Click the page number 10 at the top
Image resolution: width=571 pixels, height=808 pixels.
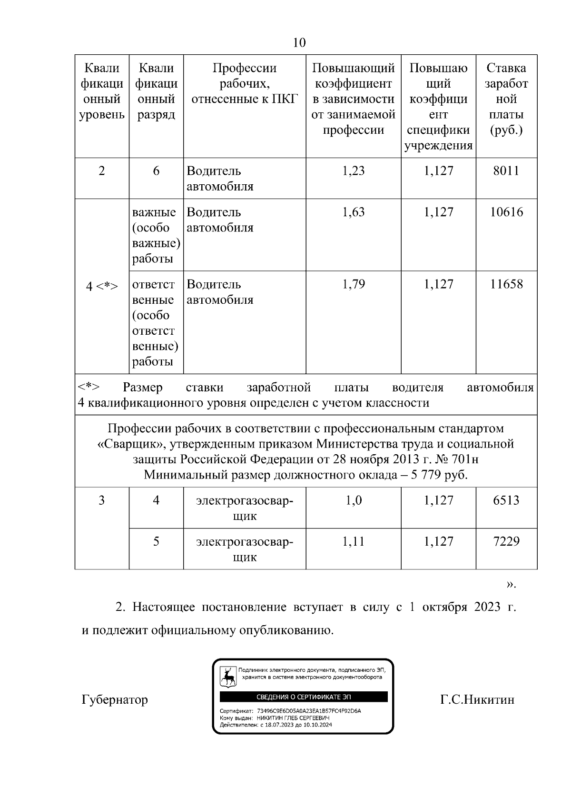click(x=299, y=43)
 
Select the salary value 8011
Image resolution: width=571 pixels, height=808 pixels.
click(x=506, y=171)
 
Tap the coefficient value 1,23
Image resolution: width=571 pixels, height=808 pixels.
click(x=354, y=171)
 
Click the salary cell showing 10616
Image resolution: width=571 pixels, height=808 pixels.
click(x=506, y=212)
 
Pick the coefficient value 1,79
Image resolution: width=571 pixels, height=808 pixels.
click(x=354, y=284)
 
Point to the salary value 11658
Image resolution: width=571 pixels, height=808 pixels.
click(x=506, y=284)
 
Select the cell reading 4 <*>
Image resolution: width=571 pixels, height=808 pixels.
click(x=102, y=286)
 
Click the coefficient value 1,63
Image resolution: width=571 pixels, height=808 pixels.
click(x=354, y=212)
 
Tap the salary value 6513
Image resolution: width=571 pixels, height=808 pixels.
click(x=506, y=500)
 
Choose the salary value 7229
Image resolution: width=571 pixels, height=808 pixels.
click(x=506, y=541)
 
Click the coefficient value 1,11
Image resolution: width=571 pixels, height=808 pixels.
click(x=354, y=541)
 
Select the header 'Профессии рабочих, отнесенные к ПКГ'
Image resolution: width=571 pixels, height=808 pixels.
click(x=245, y=84)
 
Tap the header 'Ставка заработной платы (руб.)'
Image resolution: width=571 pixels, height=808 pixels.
click(x=506, y=99)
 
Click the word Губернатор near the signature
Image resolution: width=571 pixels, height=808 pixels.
click(x=115, y=700)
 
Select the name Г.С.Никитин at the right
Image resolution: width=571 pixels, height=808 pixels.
click(x=477, y=700)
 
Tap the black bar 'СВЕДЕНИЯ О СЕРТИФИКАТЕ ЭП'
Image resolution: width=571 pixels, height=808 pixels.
click(x=304, y=697)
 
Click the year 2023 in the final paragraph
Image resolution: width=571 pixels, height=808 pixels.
click(x=487, y=608)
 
